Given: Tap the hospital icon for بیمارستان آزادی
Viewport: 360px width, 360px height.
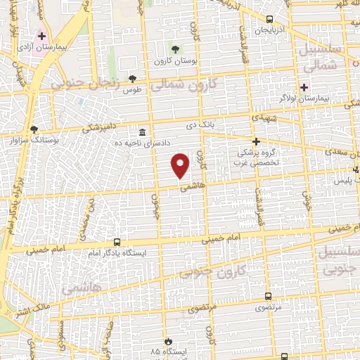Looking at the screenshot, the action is click(x=42, y=35).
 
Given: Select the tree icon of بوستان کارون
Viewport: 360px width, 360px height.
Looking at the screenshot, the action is click(x=175, y=49).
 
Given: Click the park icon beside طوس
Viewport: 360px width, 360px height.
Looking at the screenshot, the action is click(x=132, y=78).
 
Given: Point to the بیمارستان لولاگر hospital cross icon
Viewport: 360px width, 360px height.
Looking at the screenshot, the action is click(x=304, y=87).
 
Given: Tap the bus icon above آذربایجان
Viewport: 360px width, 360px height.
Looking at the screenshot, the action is click(x=271, y=20).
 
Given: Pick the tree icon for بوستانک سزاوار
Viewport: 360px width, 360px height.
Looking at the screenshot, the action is click(x=34, y=129).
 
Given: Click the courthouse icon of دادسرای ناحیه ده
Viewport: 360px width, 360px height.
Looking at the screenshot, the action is click(x=143, y=132).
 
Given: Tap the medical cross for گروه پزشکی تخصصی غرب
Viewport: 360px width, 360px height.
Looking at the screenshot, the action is click(x=256, y=141).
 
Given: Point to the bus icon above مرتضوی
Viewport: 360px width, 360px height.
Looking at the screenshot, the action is click(x=267, y=297).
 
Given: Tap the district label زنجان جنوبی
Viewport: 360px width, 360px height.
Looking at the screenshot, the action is click(x=77, y=83).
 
